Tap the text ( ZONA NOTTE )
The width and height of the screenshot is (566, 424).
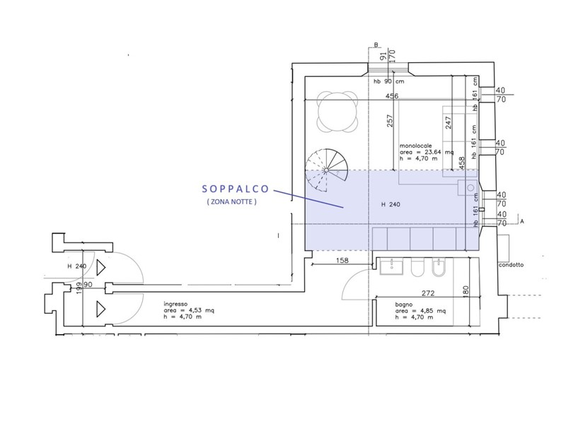232,201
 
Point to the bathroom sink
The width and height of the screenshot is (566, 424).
391,266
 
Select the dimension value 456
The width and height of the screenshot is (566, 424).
393,96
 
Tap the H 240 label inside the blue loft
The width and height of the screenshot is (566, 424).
391,205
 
